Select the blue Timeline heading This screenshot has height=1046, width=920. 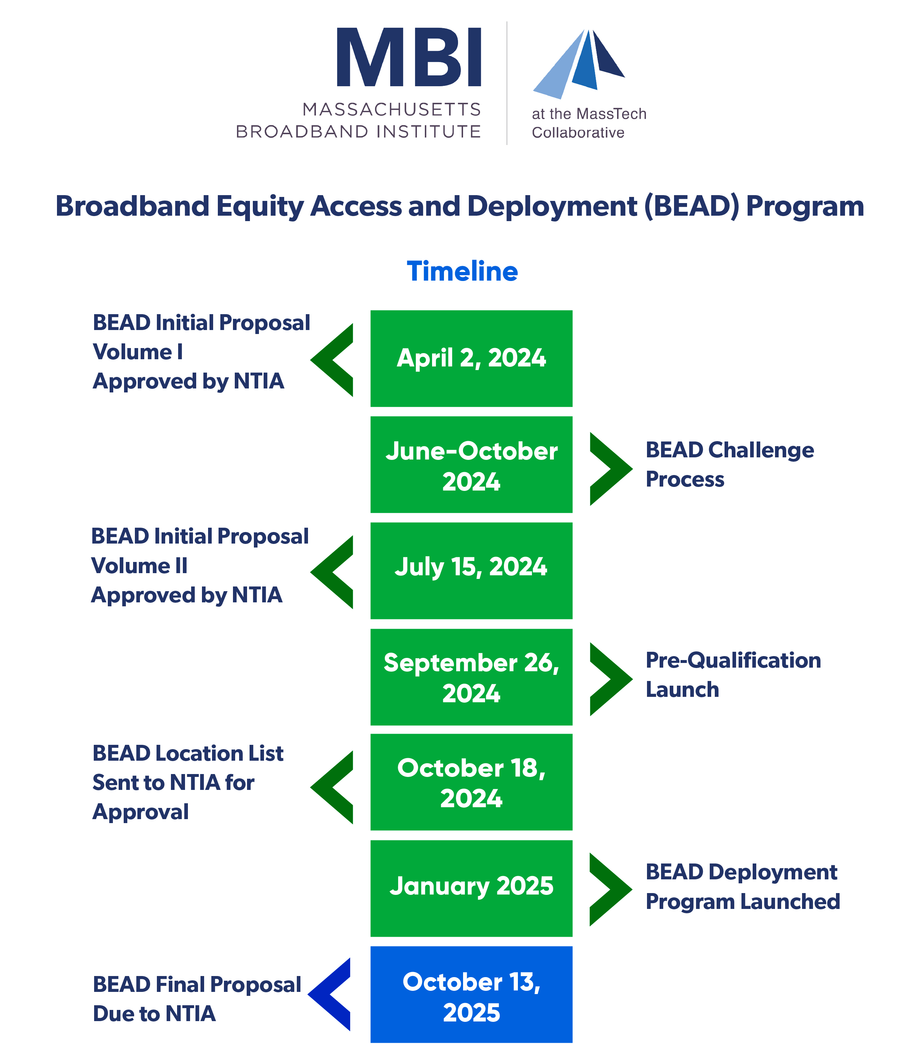[x=462, y=271]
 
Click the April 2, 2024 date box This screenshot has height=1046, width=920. [x=471, y=358]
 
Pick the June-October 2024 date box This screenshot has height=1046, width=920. [x=471, y=465]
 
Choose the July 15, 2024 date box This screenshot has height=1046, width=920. [x=471, y=571]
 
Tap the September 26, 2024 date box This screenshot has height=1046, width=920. [x=471, y=677]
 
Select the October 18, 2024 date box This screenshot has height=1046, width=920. [x=471, y=782]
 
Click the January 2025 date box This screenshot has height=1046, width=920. [x=471, y=888]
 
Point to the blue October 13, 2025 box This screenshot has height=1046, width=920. [x=471, y=994]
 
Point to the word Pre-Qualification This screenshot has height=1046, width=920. [x=733, y=660]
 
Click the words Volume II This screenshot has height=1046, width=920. [x=139, y=566]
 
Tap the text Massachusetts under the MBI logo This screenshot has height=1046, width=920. [x=391, y=110]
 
